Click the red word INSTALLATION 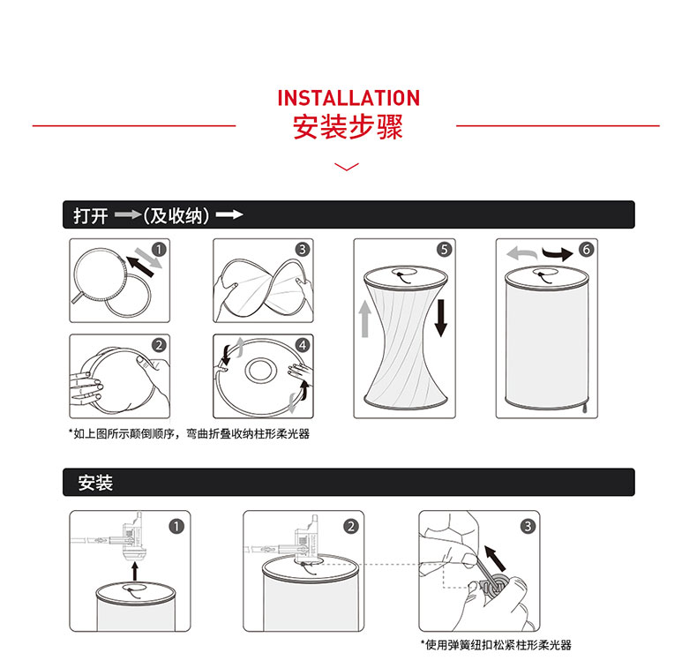[x=348, y=98]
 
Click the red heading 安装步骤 [x=348, y=127]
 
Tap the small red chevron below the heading [x=346, y=167]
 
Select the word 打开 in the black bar [x=91, y=215]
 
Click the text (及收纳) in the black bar [x=176, y=215]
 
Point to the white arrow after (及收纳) [x=229, y=215]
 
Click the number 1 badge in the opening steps [x=159, y=250]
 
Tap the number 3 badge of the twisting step [x=303, y=250]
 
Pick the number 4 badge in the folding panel [x=303, y=345]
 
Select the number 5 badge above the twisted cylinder [x=444, y=250]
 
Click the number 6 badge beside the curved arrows [x=587, y=250]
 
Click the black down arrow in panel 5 [x=441, y=319]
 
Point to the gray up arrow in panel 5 [x=365, y=319]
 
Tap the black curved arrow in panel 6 [x=558, y=254]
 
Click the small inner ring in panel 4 [x=259, y=370]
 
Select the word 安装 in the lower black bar [x=95, y=483]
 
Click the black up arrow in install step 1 [x=135, y=572]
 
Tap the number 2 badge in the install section [x=351, y=527]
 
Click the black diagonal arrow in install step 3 [x=495, y=559]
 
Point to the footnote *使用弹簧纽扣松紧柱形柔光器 [x=496, y=645]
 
